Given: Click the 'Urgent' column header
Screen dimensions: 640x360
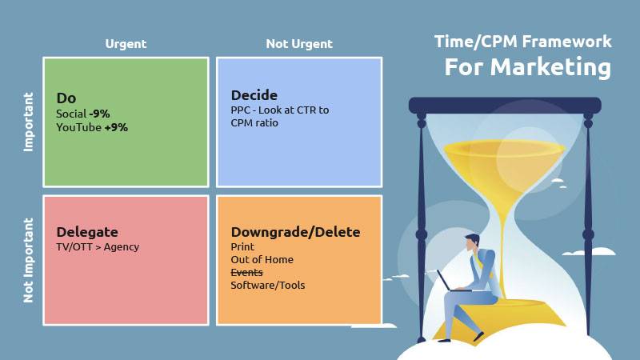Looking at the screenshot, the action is point(126,44).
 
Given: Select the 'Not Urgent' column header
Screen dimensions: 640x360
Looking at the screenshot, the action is point(299,44).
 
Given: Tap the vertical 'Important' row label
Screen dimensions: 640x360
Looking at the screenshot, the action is point(28,122).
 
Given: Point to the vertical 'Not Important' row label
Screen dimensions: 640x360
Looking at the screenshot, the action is point(28,261).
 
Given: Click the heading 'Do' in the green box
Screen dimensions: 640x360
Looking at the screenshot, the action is point(66,98).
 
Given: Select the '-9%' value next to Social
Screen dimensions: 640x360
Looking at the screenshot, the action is point(99,114).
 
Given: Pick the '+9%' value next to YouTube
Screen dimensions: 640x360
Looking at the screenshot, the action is point(116,127).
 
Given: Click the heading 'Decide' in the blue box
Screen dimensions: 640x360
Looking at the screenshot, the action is point(254,95).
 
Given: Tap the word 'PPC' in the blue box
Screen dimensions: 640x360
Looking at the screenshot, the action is point(239,110).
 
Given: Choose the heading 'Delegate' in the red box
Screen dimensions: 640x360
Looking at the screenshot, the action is point(87,232).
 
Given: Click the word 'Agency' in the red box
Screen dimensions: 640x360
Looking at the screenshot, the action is point(122,247).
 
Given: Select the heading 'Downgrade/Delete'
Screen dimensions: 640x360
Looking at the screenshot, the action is point(295,232).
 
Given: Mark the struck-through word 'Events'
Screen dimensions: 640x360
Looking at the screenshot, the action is point(246,272).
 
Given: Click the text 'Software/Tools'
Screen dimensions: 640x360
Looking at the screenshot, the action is point(268,286).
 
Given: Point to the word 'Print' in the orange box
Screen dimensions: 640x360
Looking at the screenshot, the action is point(242,247).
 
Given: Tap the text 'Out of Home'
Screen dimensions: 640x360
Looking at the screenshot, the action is point(262,259).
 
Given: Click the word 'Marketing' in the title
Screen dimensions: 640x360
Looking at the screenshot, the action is point(550,67).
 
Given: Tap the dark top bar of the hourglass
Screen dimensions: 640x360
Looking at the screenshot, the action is point(505,106).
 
